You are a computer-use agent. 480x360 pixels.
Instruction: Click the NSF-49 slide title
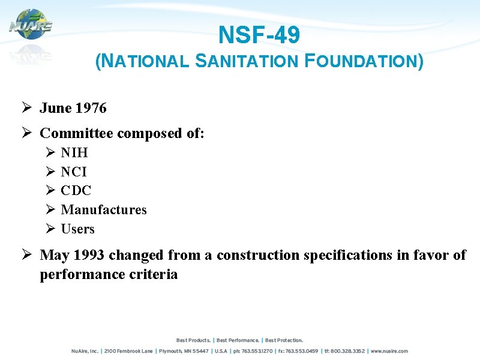259,35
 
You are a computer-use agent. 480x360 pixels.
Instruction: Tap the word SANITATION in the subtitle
247,61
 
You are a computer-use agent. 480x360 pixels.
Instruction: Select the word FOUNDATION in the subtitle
361,61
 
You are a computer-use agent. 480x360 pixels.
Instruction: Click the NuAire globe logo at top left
31,25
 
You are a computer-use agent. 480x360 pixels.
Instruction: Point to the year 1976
91,108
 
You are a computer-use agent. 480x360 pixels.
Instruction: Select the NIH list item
74,152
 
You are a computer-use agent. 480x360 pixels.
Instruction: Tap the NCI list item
74,172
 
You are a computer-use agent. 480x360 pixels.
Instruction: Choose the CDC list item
76,191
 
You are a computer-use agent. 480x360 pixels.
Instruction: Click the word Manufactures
104,210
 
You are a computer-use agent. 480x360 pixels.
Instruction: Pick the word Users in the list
78,229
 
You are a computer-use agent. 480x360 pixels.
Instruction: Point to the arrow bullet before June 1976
26,108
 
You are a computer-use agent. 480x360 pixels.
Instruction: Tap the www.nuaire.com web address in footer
390,351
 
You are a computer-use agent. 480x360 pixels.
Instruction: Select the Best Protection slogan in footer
284,340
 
